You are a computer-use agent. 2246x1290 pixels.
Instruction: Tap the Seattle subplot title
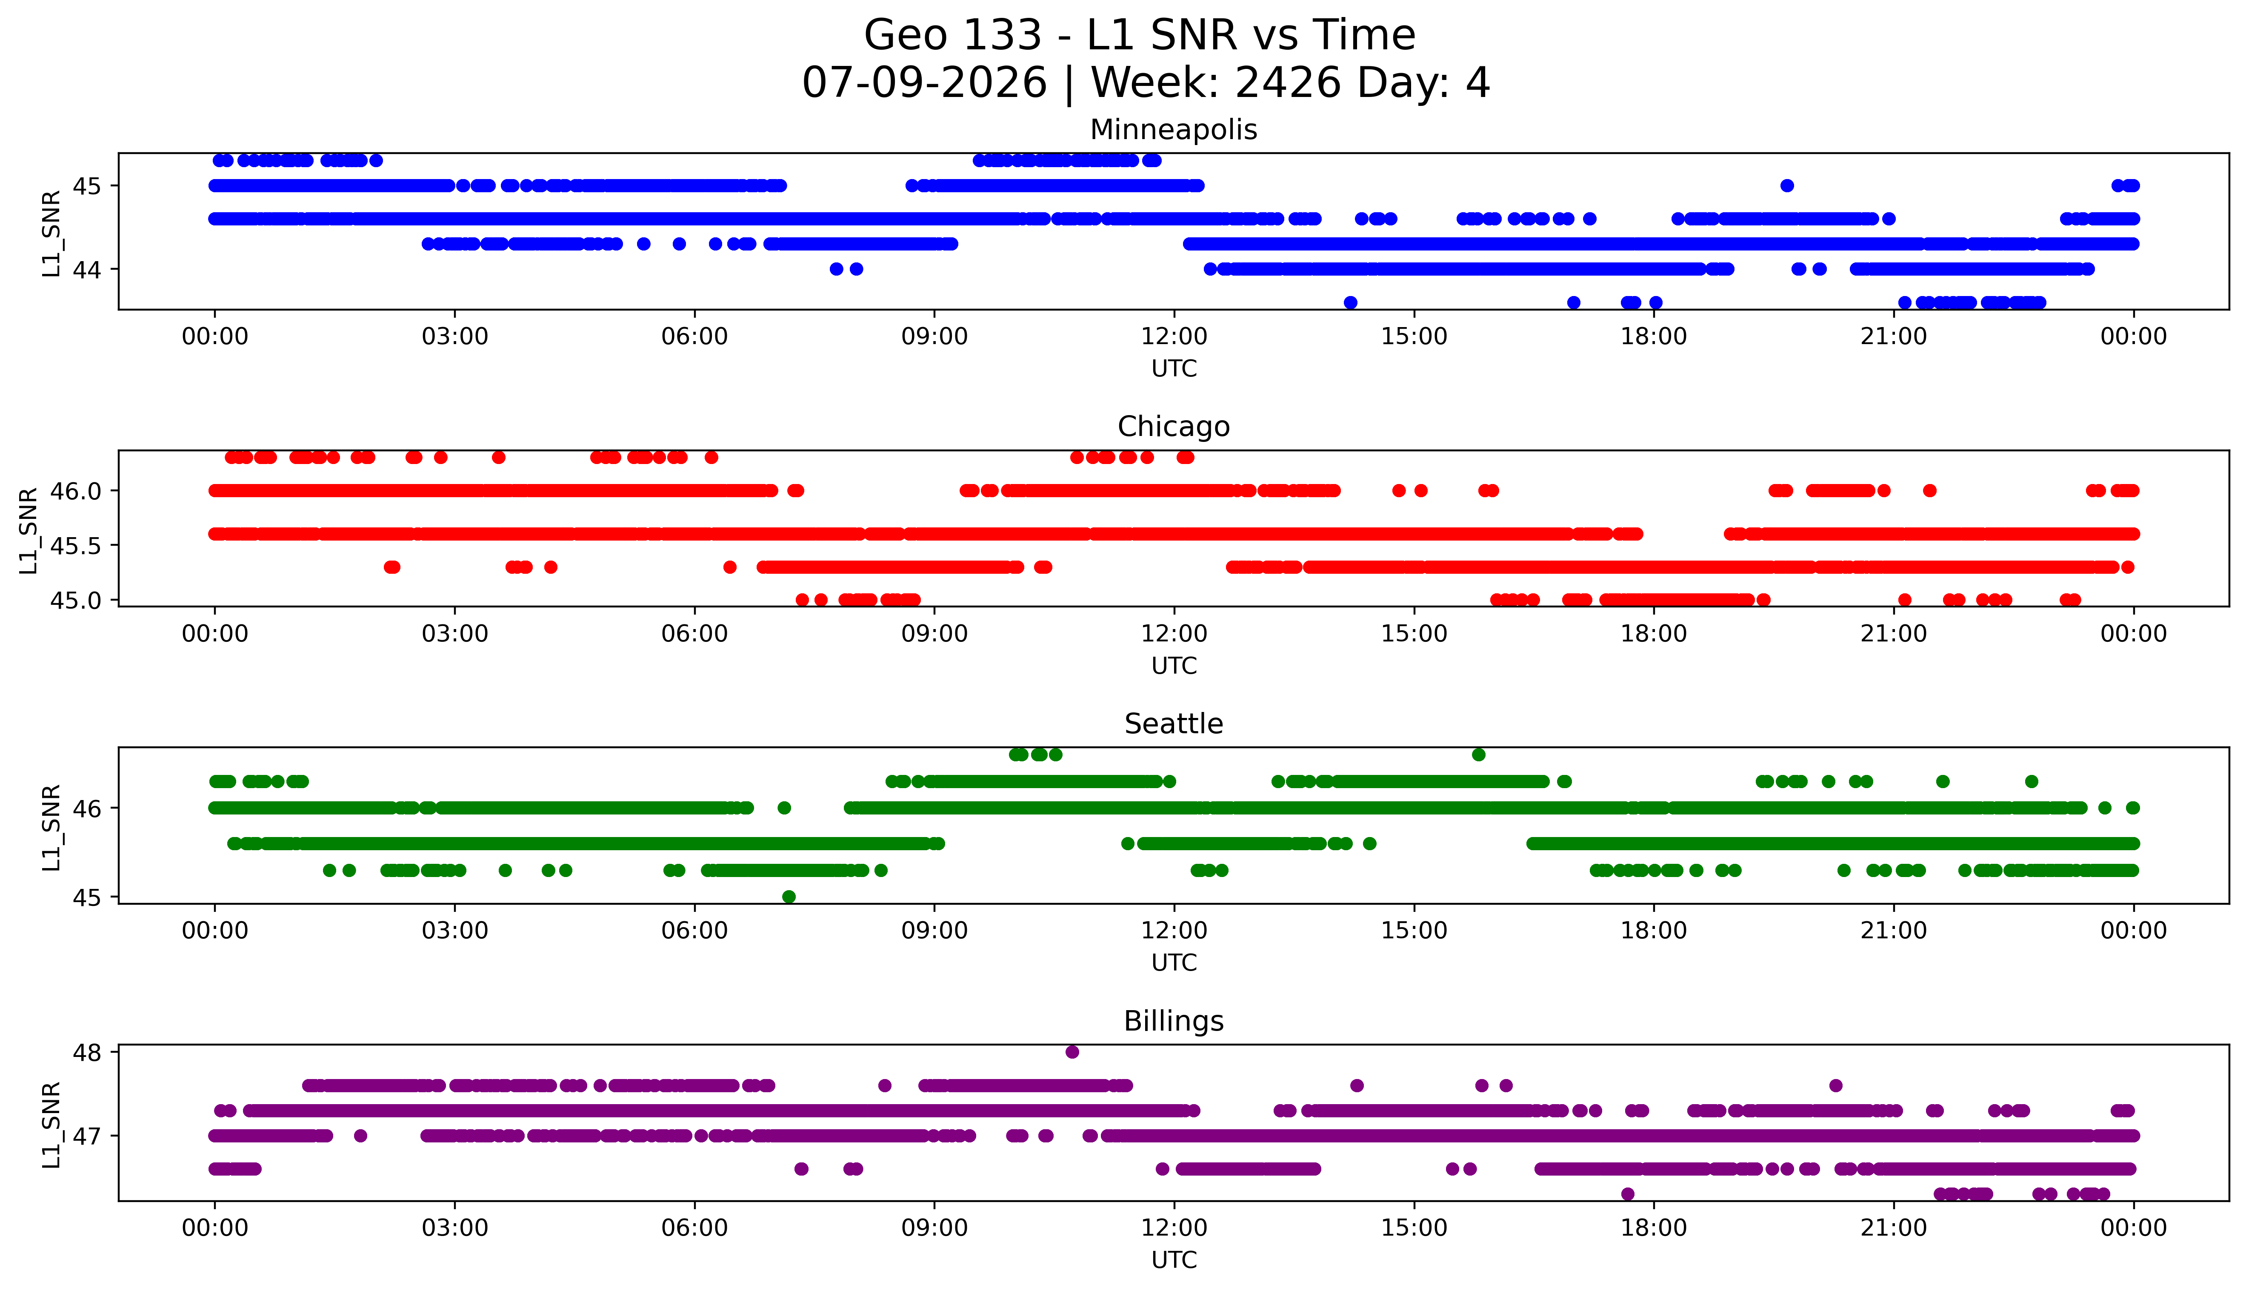click(x=1174, y=724)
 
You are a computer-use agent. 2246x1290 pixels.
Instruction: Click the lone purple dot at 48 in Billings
click(x=1072, y=1052)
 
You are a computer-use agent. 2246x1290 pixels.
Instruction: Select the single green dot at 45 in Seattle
click(x=789, y=897)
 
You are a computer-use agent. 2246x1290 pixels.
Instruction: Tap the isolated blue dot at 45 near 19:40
click(x=1787, y=185)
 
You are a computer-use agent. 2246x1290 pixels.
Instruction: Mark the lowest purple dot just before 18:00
click(x=1627, y=1193)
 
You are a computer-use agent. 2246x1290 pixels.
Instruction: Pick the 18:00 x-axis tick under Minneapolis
click(x=1654, y=337)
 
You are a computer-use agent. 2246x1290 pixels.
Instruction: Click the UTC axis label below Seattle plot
click(x=1174, y=962)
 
